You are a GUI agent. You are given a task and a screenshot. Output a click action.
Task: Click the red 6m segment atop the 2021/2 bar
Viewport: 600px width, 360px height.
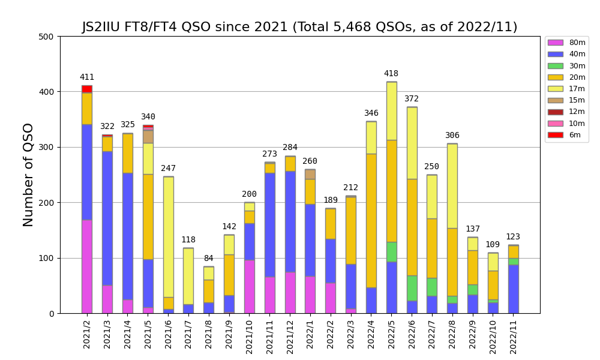[87, 89]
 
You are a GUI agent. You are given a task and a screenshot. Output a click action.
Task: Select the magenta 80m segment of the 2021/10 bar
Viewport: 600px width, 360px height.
[249, 286]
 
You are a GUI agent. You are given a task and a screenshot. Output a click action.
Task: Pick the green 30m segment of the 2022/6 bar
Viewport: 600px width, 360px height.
[412, 288]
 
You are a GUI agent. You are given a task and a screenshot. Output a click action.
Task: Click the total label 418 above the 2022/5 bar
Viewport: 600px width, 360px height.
[391, 74]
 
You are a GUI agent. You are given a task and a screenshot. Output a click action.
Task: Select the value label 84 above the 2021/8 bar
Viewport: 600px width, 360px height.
[208, 259]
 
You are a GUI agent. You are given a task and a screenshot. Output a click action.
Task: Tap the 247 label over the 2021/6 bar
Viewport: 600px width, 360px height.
[168, 169]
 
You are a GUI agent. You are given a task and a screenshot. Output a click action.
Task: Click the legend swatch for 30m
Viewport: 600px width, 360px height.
[556, 66]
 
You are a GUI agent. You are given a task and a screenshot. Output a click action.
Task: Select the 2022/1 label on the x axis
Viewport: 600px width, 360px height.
[310, 338]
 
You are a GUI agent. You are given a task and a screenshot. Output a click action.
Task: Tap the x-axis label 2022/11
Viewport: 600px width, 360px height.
[513, 338]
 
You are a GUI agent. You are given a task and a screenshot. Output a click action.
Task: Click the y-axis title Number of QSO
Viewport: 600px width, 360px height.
[28, 175]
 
